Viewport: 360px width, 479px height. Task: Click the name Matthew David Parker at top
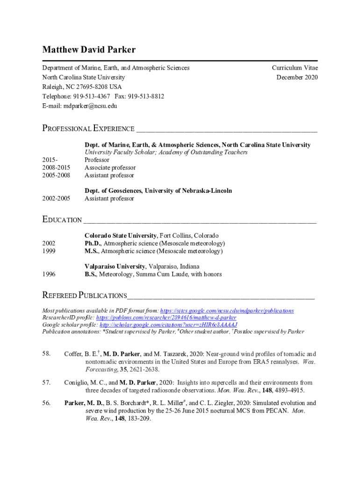(x=89, y=50)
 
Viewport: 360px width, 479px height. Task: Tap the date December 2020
(x=297, y=77)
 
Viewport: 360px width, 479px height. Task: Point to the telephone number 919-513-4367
(x=91, y=96)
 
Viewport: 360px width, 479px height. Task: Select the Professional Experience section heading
(x=88, y=129)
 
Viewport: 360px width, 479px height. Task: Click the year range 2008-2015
(x=56, y=168)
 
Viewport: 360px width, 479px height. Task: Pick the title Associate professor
(x=110, y=168)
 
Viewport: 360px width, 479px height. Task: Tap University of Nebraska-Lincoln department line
(x=158, y=191)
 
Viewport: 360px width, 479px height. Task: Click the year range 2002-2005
(x=56, y=198)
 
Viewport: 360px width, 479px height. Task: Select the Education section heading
(x=62, y=220)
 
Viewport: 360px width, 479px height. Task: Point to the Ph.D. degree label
(x=93, y=244)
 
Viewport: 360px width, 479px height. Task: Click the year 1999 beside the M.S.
(x=49, y=251)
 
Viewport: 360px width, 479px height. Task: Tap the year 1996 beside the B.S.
(x=49, y=274)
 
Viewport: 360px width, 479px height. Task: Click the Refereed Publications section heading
(x=85, y=296)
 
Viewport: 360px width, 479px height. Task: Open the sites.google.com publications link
(x=227, y=311)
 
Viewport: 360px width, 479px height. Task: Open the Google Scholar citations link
(x=169, y=325)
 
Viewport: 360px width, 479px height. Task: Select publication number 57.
(x=46, y=383)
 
